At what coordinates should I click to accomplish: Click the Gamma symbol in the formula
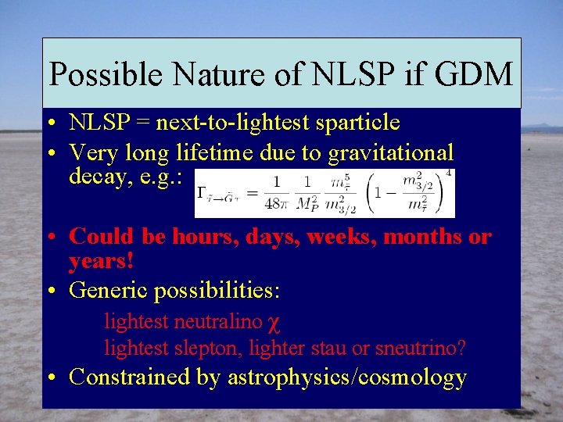203,192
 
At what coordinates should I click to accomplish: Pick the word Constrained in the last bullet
129,377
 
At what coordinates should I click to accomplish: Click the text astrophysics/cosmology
346,377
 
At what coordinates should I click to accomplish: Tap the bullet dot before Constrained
49,378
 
